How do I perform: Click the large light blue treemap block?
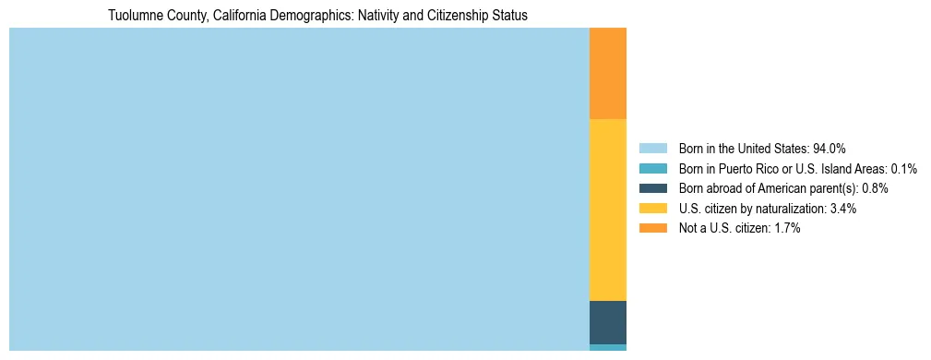(x=299, y=189)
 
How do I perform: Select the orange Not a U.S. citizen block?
(x=607, y=74)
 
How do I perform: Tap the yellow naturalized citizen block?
(x=607, y=210)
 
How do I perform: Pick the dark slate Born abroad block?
(x=607, y=322)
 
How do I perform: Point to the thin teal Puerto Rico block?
(x=607, y=347)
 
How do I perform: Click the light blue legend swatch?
(x=652, y=148)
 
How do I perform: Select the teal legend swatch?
(x=652, y=168)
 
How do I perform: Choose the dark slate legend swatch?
(x=652, y=188)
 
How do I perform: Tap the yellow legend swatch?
(x=652, y=209)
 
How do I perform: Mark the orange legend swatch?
(x=652, y=228)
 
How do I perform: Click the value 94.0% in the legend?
(x=830, y=148)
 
